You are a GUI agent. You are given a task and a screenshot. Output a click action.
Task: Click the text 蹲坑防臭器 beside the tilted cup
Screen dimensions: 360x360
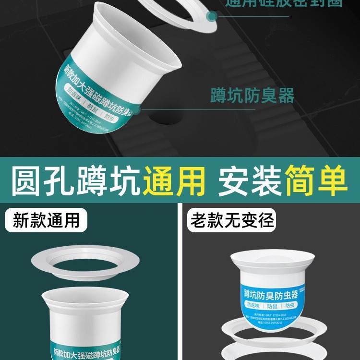click(x=252, y=95)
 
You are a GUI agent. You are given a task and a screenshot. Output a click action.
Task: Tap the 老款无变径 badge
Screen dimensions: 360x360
click(x=232, y=220)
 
